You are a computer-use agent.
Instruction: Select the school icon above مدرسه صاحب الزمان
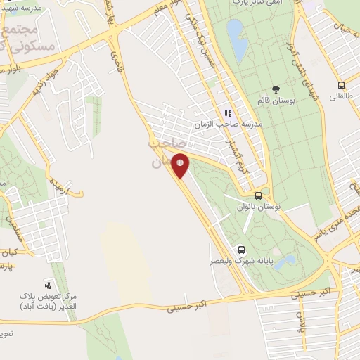[228, 113]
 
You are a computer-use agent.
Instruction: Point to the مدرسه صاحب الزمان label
[230, 124]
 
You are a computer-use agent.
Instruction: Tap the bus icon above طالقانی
[340, 82]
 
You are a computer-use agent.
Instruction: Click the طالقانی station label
[342, 93]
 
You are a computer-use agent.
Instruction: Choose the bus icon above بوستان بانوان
[259, 196]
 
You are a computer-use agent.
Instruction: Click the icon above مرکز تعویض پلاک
[48, 285]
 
